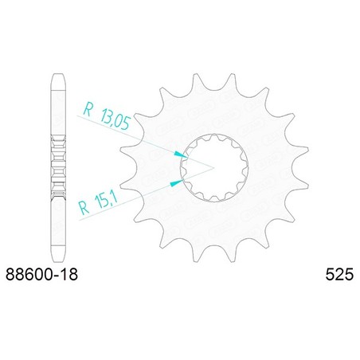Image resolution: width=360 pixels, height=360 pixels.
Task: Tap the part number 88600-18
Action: click(x=41, y=274)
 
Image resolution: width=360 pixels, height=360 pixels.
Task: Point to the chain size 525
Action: click(x=339, y=274)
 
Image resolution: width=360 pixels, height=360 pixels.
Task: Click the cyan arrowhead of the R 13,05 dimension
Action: click(x=181, y=155)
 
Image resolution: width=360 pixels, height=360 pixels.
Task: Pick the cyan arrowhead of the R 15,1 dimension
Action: click(x=177, y=182)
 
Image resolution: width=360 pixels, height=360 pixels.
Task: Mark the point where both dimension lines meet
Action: click(x=213, y=168)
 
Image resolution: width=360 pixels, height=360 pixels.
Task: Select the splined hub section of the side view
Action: click(x=58, y=167)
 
